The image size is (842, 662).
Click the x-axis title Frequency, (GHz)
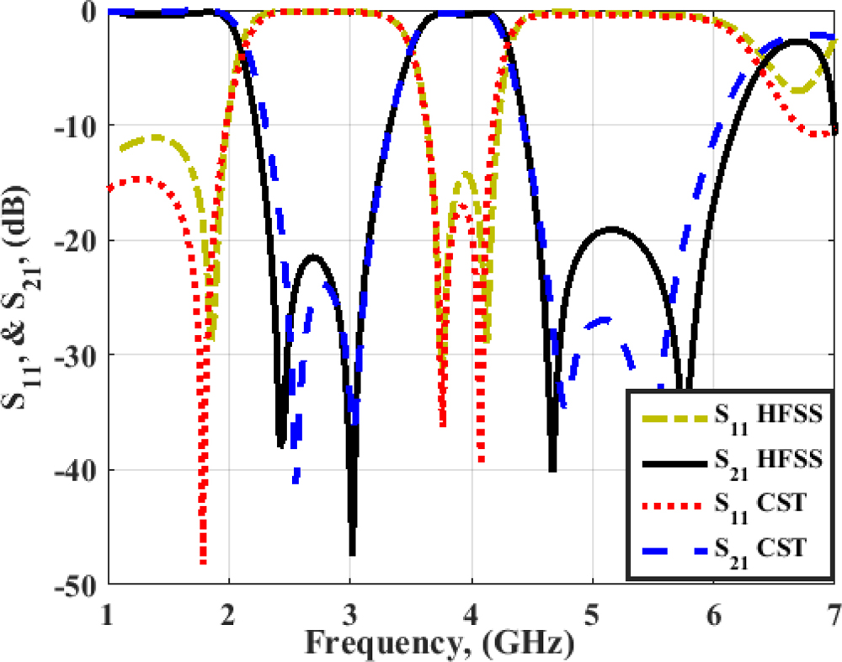[x=439, y=643]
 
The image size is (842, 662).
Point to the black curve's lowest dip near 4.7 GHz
[x=552, y=470]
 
